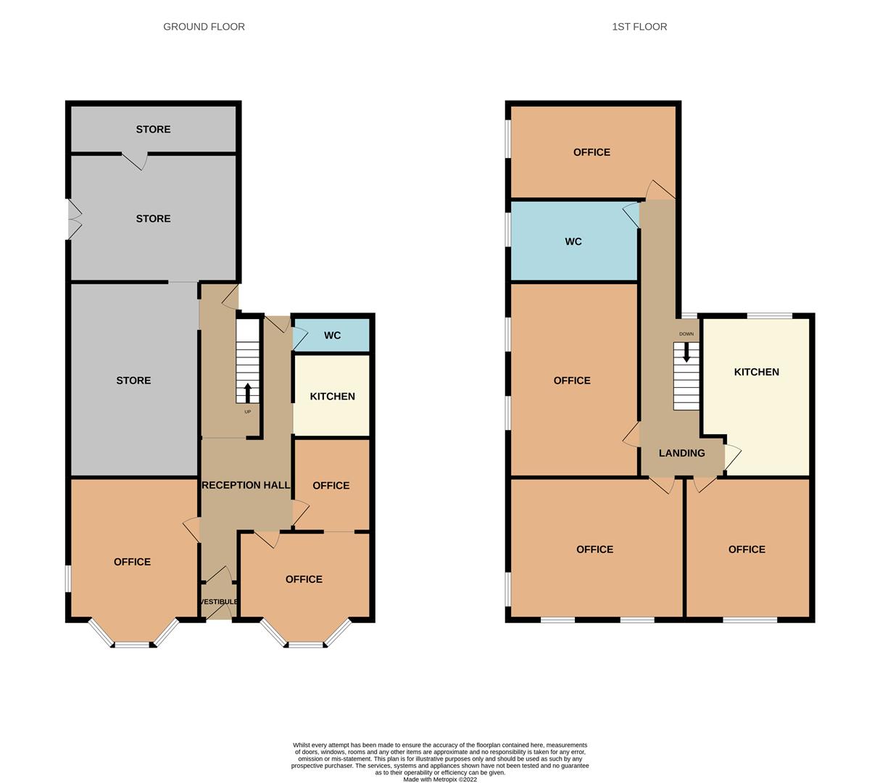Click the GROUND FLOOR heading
point(204,27)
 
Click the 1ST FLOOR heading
point(639,27)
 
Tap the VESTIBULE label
point(218,602)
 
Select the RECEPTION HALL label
point(246,485)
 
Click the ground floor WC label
point(332,336)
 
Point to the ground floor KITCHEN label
point(332,397)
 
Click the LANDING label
point(681,453)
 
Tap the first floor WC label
point(573,241)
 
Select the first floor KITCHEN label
point(756,372)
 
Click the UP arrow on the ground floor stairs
point(247,393)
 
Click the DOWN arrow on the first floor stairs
point(686,352)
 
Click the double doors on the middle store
point(73,219)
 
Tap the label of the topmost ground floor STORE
point(153,130)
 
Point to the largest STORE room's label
point(133,381)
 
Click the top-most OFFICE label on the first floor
point(591,152)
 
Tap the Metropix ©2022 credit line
point(440,779)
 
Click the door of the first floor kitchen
point(732,457)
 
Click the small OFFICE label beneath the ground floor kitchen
point(331,486)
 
